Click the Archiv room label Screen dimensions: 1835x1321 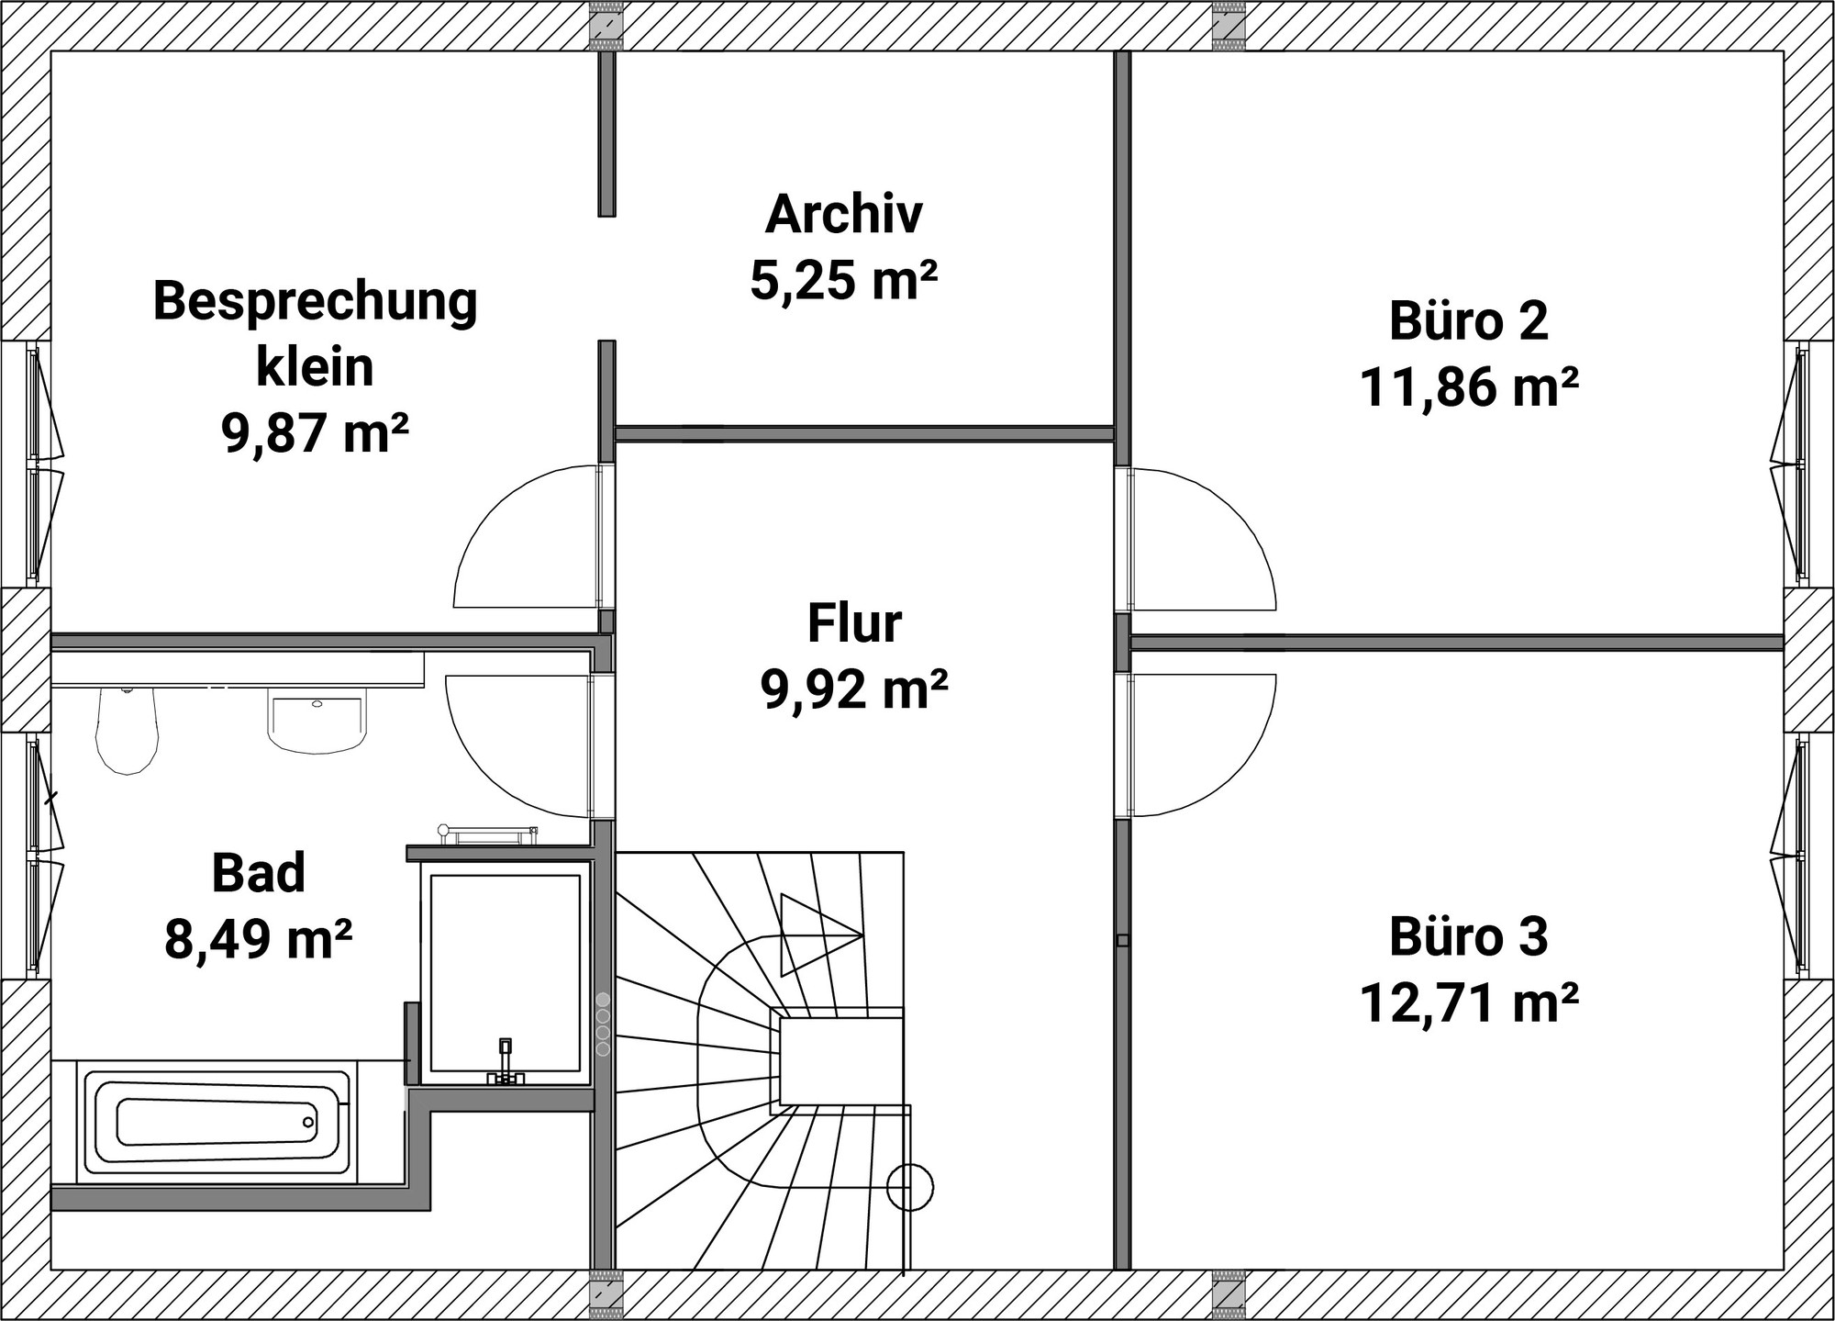tap(843, 214)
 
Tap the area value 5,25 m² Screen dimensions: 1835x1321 tap(843, 280)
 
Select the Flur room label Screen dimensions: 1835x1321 tap(854, 623)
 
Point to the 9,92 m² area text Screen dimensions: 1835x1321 tap(854, 689)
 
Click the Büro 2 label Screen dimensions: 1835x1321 tap(1469, 320)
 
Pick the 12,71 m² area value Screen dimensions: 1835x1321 tap(1469, 1003)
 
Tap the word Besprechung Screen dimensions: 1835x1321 tap(316, 301)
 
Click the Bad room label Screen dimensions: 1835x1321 tap(259, 873)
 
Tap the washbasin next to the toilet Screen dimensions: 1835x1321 tap(317, 722)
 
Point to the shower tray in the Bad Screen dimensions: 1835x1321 tap(505, 973)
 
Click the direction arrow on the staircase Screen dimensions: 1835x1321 tap(821, 935)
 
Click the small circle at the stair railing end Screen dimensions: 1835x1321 tap(910, 1188)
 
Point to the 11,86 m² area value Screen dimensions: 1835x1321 tap(1469, 386)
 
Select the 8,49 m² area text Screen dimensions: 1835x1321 tap(259, 939)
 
